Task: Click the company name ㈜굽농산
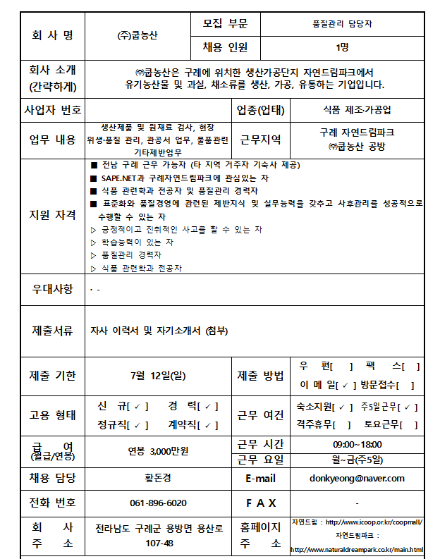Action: click(x=139, y=36)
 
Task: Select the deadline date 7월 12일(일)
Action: click(x=158, y=375)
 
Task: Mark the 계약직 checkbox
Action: click(x=209, y=425)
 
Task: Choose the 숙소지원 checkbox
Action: click(x=342, y=407)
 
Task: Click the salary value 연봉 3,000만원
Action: click(x=158, y=450)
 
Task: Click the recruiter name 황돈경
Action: click(x=158, y=478)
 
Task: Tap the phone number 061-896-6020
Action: click(x=158, y=503)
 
